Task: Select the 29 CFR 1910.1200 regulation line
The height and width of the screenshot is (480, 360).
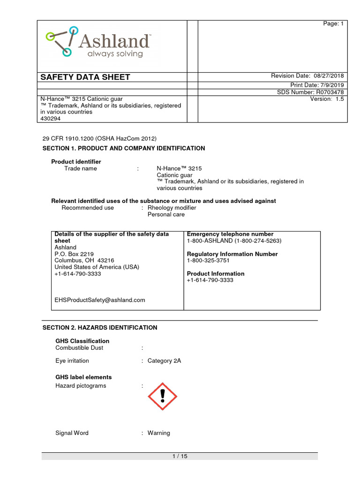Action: pos(99,138)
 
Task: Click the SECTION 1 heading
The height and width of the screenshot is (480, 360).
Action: pos(124,148)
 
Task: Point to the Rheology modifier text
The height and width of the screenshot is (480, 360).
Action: pos(172,208)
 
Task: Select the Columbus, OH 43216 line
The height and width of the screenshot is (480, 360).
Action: pos(84,260)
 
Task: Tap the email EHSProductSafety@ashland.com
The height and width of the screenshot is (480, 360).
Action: pos(100,300)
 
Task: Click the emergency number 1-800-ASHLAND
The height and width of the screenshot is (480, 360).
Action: pos(234,240)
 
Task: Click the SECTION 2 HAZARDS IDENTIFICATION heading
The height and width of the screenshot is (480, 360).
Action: pos(100,328)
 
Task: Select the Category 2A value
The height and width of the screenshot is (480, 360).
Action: pos(164,361)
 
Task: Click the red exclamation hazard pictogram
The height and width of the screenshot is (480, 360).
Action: pos(162,396)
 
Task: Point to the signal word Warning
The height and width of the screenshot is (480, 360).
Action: pos(158,433)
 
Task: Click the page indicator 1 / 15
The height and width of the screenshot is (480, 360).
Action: pos(180,457)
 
